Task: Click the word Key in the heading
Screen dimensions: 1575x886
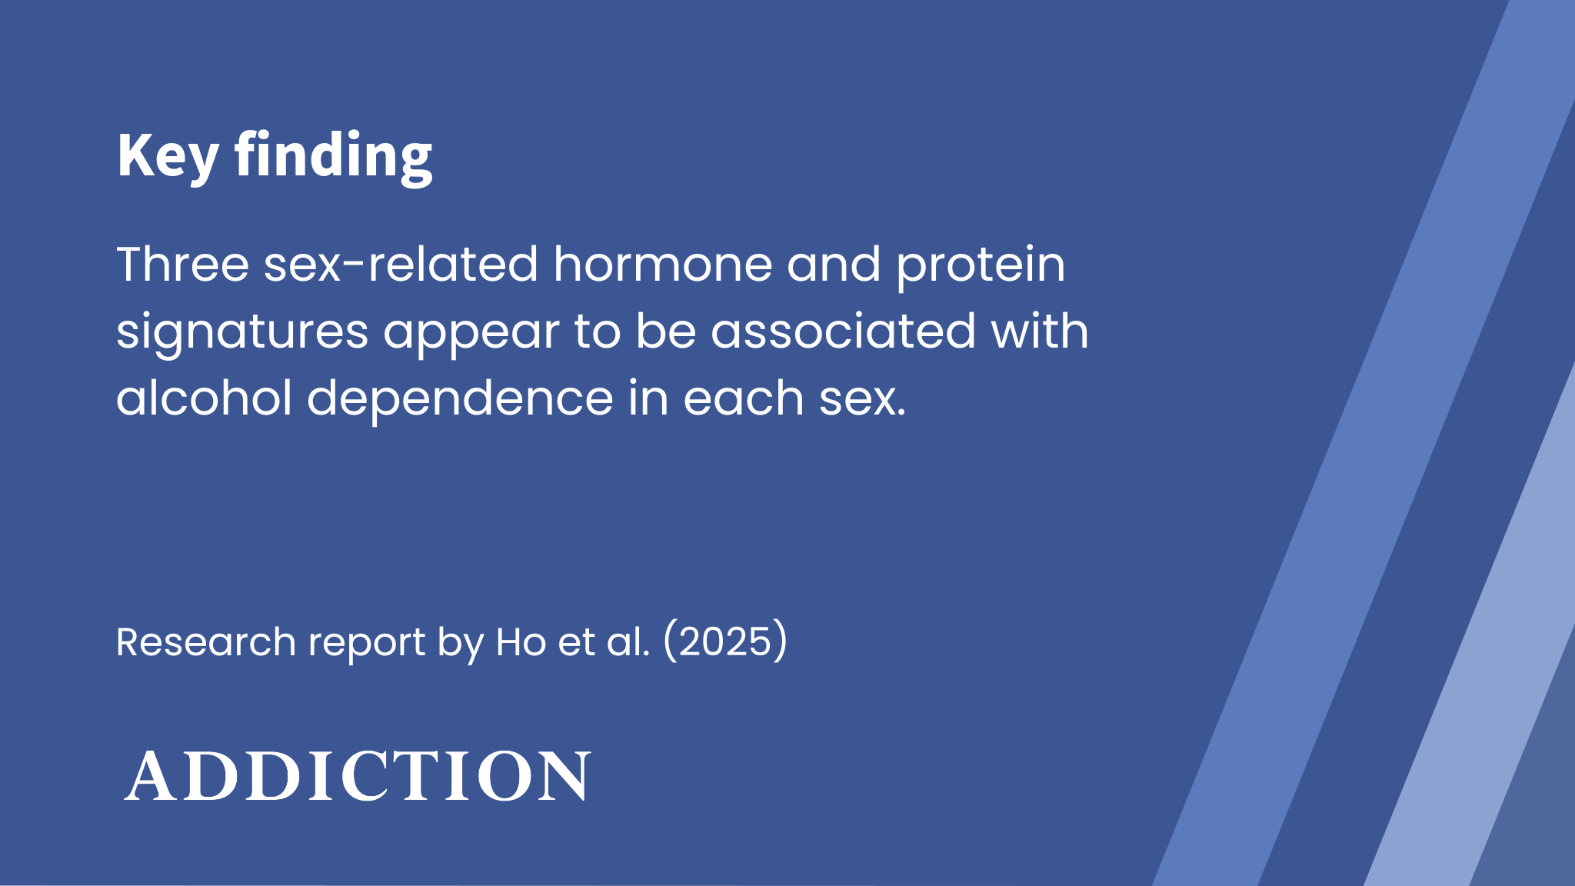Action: [x=168, y=156]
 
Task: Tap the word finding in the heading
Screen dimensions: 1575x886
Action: [x=334, y=156]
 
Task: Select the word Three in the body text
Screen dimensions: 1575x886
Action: [x=183, y=264]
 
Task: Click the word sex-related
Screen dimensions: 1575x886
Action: [x=401, y=264]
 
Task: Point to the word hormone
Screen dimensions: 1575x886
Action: [x=662, y=264]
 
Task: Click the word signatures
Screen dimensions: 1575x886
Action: [x=242, y=333]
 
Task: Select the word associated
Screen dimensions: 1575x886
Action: [x=844, y=331]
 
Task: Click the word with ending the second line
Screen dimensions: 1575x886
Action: [x=1040, y=331]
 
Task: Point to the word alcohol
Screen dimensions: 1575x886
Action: [x=204, y=398]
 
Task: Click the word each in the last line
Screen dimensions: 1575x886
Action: [x=744, y=398]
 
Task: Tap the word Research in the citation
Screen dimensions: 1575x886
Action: [x=206, y=641]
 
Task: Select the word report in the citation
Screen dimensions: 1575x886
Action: [x=367, y=644]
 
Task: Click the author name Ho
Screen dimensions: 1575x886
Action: [x=521, y=641]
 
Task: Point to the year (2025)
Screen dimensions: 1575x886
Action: [x=725, y=641]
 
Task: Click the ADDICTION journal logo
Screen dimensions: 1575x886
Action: [x=358, y=775]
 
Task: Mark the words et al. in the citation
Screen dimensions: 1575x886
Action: [x=604, y=641]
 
